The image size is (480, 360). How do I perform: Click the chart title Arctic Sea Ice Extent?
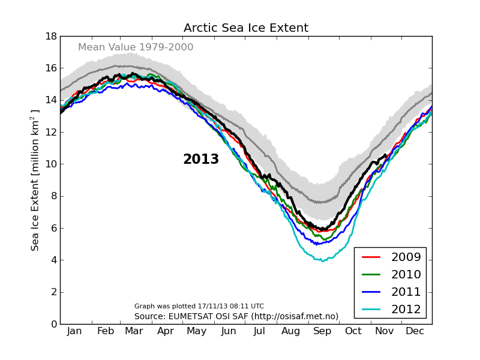[246, 28]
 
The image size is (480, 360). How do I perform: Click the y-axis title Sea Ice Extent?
[35, 180]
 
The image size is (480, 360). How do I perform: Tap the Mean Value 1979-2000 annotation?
[136, 47]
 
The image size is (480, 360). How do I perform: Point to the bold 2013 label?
[201, 160]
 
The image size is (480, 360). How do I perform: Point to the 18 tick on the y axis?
[50, 36]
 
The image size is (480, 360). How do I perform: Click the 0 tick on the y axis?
[53, 324]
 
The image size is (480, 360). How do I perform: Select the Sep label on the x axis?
[322, 331]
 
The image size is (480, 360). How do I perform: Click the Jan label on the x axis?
[74, 331]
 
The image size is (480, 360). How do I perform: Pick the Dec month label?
[415, 331]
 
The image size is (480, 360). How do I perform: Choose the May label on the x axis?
[197, 331]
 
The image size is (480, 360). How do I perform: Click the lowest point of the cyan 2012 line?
[323, 261]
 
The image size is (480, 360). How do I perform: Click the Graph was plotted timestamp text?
[199, 306]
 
